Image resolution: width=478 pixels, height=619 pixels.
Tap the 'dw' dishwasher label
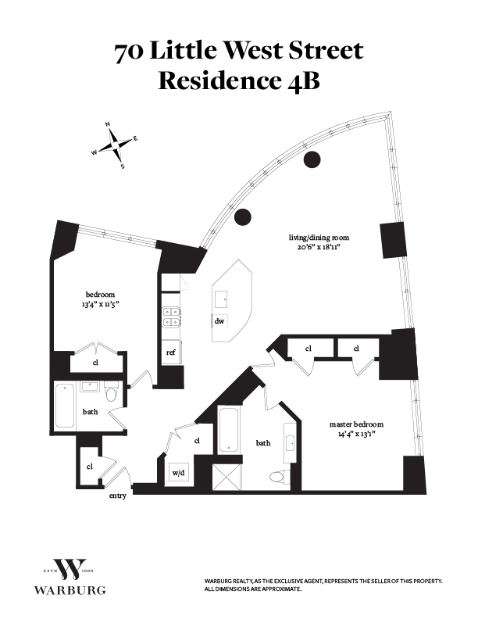pos(219,321)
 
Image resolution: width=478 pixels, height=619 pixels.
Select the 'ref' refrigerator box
pos(171,352)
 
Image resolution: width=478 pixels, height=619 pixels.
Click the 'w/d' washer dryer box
pos(179,472)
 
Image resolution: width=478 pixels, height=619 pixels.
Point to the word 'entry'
pos(117,496)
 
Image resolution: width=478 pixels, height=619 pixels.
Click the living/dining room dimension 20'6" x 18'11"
pos(319,248)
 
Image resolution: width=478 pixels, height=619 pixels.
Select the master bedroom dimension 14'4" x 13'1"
pos(356,435)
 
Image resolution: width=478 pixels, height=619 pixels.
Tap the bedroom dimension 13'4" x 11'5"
pos(100,304)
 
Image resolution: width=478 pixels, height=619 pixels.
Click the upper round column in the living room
pos(312,159)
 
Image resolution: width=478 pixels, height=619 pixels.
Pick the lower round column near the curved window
pos(243,216)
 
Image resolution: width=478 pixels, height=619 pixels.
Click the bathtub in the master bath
pos(228,430)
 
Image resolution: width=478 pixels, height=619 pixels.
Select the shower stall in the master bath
pos(227,477)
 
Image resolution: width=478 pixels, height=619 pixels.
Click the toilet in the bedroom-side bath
pos(112,392)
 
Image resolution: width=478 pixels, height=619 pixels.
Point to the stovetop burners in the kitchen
pos(172,317)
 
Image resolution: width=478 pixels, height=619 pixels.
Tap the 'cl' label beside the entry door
pos(90,467)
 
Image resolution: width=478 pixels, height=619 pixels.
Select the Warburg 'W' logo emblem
pos(70,569)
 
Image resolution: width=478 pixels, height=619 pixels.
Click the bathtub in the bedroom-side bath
pos(65,406)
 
